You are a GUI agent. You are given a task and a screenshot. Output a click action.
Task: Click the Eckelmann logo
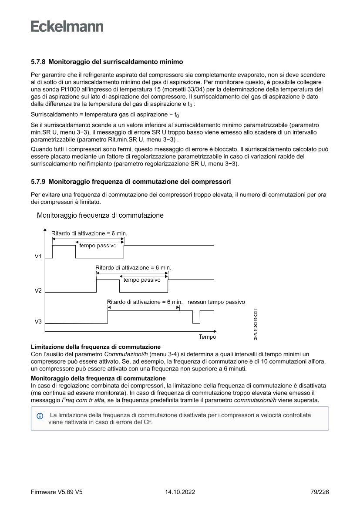[67, 27]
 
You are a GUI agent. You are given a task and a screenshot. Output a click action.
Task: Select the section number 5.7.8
[38, 62]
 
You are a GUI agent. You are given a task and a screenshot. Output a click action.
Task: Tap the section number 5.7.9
[38, 181]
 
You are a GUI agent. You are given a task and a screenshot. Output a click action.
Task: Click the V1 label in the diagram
[38, 256]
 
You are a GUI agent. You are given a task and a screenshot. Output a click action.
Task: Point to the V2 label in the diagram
[38, 290]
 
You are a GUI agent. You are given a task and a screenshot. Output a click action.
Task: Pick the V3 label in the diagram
[38, 322]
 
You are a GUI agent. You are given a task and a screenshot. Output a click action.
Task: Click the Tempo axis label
[207, 337]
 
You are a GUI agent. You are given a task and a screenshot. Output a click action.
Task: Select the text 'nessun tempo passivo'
[216, 302]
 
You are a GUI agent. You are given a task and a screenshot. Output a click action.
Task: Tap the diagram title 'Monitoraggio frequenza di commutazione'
[101, 215]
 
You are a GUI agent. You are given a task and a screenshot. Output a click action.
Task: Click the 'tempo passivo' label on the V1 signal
[98, 246]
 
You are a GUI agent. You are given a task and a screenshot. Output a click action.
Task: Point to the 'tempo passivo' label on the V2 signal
[142, 280]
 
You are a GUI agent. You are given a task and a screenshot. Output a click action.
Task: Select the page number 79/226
[320, 492]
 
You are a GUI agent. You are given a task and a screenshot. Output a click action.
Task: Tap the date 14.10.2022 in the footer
[180, 492]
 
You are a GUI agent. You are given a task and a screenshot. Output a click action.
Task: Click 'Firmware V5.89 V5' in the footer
[57, 492]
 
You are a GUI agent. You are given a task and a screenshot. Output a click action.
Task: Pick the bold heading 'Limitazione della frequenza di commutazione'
[96, 347]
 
